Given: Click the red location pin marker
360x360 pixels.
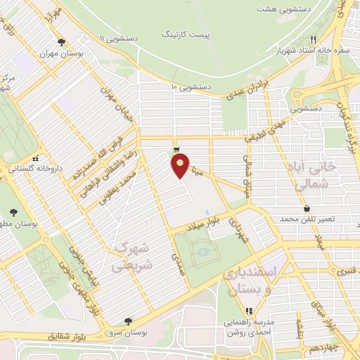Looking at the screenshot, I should tap(181, 166).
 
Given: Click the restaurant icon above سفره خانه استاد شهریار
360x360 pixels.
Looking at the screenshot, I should tap(314, 39).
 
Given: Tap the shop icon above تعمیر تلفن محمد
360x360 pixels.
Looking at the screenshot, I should tap(307, 208).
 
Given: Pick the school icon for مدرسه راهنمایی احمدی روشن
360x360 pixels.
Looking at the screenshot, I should tap(248, 311).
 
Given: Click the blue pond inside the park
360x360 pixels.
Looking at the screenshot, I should tap(203, 250).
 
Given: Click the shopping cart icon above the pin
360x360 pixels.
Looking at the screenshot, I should tap(176, 149).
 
